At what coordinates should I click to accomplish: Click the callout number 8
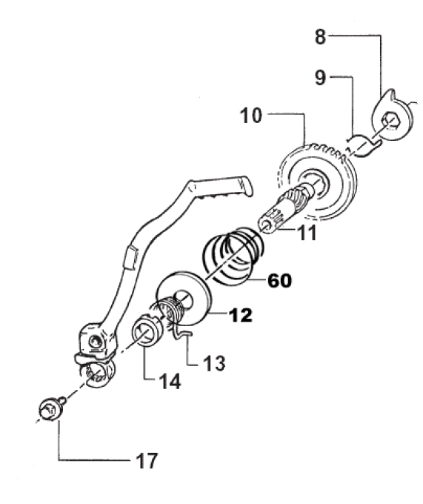coord(320,36)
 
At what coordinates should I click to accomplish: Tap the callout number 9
coord(320,78)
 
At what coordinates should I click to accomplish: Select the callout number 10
coord(251,116)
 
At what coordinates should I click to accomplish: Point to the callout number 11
coord(307,233)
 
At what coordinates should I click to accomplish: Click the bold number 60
coord(280,281)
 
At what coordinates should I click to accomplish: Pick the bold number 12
coord(240,315)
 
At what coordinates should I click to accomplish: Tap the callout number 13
coord(214,363)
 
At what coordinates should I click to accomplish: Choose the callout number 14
coord(170,381)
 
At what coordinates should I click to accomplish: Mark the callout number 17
coord(147,460)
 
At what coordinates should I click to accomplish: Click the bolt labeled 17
coord(51,409)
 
